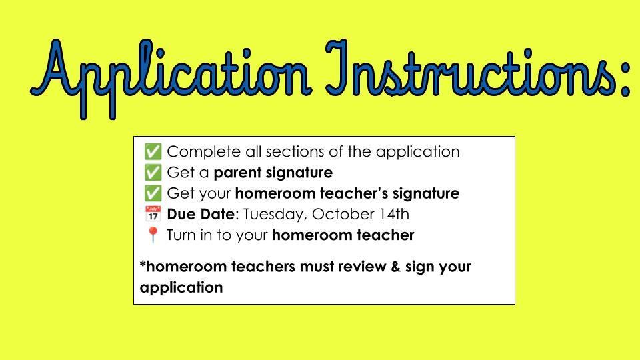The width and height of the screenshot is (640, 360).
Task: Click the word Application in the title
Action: click(170, 77)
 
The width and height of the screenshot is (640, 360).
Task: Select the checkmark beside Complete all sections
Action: click(153, 151)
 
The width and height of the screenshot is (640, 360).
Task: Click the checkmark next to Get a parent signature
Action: click(153, 172)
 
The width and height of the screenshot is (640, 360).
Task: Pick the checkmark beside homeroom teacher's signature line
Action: click(153, 193)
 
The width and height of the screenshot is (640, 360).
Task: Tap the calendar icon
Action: click(153, 214)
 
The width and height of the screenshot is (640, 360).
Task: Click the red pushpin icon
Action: click(153, 235)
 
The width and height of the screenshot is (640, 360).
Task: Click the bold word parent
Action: click(237, 173)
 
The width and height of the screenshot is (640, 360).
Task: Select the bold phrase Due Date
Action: click(201, 214)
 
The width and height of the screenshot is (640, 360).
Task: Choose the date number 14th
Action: click(394, 214)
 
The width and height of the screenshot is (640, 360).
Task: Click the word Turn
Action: click(181, 235)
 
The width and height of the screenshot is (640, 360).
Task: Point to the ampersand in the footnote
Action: click(395, 267)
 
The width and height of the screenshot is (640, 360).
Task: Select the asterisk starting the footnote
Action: click(143, 264)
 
